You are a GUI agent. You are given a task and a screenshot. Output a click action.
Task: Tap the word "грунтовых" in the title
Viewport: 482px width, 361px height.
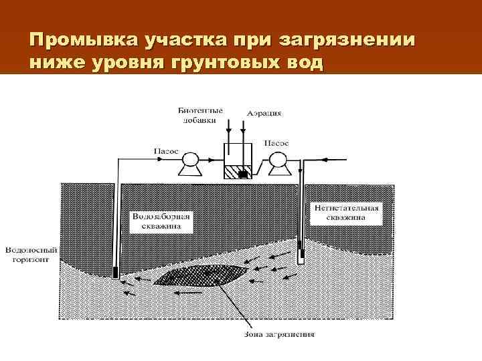[212, 64]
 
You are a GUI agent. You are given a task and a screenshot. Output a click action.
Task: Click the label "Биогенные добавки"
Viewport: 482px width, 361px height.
[201, 114]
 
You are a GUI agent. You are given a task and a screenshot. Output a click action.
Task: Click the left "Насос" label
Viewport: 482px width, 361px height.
[167, 151]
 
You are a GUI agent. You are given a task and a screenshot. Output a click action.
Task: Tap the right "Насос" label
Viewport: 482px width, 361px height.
[276, 143]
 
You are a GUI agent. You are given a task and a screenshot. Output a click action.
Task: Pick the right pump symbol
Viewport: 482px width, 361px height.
[275, 160]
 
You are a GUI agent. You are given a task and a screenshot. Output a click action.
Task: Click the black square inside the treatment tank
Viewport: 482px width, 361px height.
[242, 174]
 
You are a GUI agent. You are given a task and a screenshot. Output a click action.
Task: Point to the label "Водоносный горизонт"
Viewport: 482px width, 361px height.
[31, 254]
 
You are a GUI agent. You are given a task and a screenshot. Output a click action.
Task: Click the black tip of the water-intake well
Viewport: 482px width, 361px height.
[114, 273]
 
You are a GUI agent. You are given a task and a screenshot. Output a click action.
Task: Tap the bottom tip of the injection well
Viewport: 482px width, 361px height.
[301, 255]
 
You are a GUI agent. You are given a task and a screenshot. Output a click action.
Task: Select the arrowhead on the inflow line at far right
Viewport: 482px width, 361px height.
[324, 160]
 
